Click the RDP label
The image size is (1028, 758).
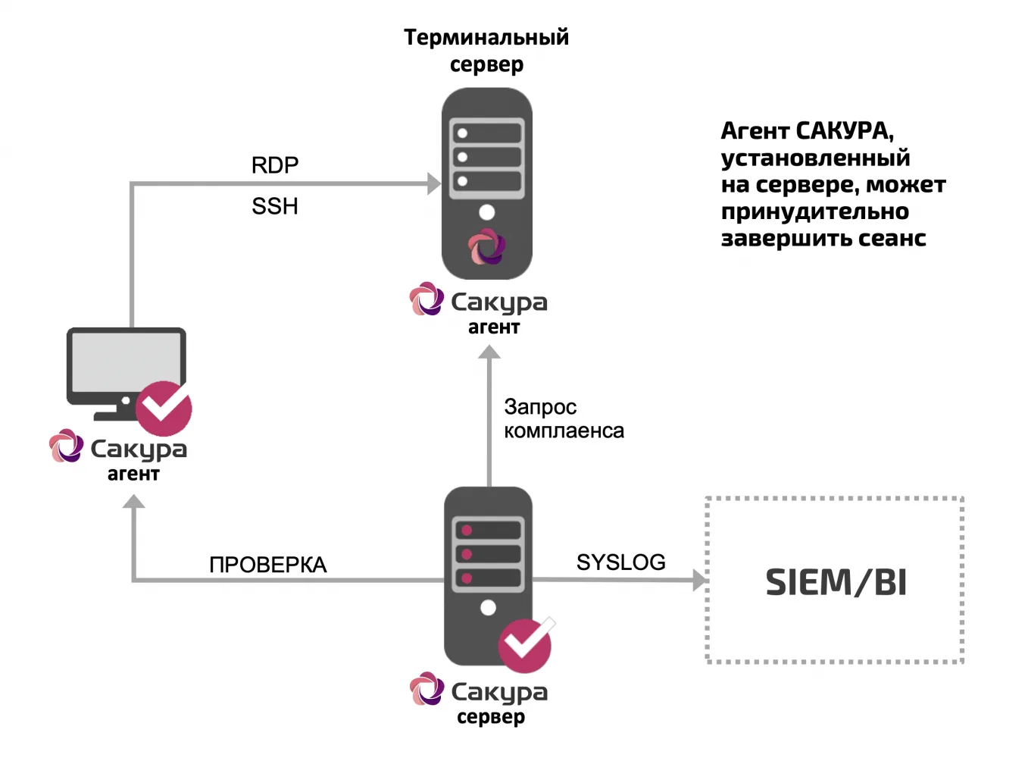point(275,165)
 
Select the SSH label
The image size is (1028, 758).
point(275,206)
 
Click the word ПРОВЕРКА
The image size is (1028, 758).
point(268,565)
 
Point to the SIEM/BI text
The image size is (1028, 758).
point(836,583)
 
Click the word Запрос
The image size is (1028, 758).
point(540,408)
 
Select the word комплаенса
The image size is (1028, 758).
point(564,431)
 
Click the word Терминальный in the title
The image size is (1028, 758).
point(486,38)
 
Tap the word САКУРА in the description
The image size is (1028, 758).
point(845,131)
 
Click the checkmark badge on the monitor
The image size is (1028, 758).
point(164,408)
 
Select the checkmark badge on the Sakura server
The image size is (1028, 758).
point(525,645)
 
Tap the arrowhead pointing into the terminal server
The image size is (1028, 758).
point(434,183)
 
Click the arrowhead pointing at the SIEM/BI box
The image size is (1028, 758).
point(699,580)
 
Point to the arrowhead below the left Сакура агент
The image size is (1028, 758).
point(134,501)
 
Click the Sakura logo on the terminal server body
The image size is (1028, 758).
point(487,246)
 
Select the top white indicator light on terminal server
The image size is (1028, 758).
point(463,133)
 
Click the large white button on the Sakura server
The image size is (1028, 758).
point(488,608)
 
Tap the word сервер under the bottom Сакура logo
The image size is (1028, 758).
point(491,717)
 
